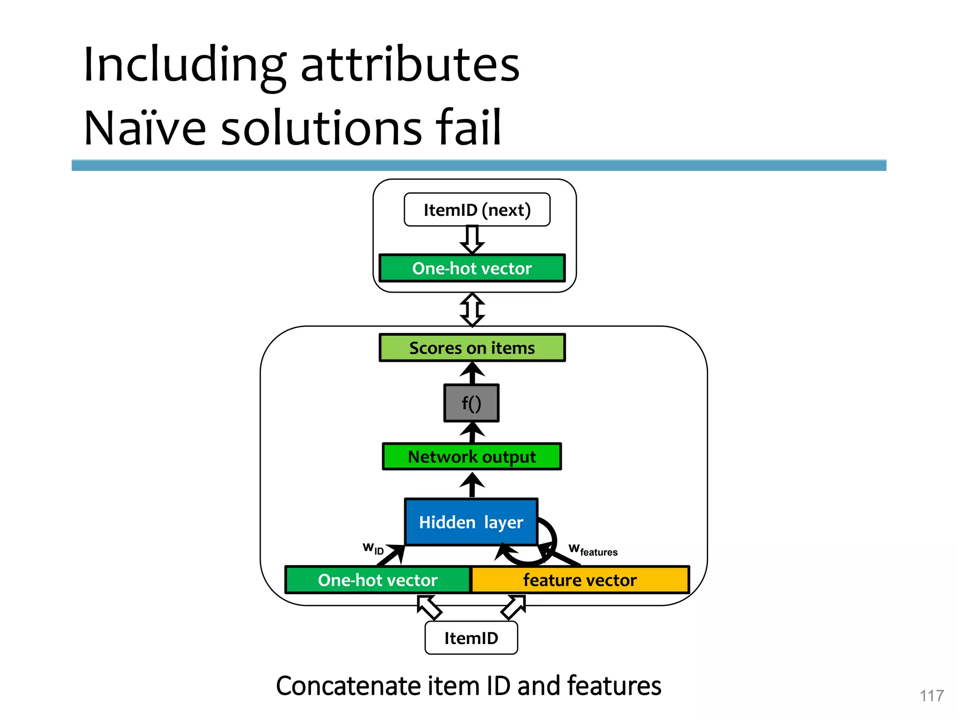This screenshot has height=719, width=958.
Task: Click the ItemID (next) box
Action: (477, 210)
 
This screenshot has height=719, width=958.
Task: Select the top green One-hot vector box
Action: (472, 268)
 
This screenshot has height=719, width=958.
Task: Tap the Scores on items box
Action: (472, 348)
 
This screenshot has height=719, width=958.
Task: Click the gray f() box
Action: (471, 403)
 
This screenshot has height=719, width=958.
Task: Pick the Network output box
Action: (472, 456)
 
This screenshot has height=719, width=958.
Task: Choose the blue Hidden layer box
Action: (471, 522)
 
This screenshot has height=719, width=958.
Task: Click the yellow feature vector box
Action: (580, 580)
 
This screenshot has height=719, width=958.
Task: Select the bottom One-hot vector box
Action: (377, 580)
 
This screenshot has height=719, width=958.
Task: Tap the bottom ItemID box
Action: (471, 638)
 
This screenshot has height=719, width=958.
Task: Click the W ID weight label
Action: (373, 549)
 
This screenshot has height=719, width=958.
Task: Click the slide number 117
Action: (931, 696)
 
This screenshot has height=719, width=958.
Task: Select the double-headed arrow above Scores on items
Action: (472, 309)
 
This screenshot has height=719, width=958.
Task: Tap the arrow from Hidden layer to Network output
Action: (472, 484)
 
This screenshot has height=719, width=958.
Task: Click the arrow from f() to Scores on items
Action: (472, 373)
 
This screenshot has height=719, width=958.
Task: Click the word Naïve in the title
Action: (145, 127)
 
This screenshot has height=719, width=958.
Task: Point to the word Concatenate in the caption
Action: (348, 686)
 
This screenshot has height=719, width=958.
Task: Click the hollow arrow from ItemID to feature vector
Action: (514, 607)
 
